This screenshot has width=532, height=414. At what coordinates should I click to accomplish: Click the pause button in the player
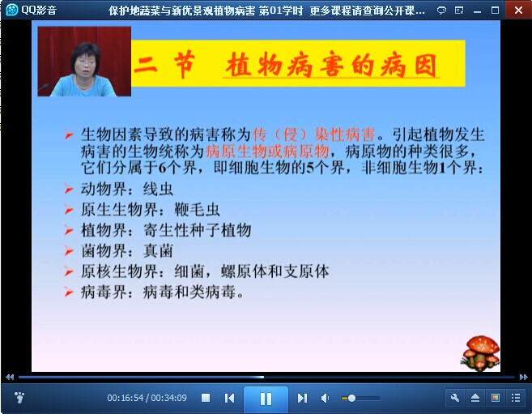[x=266, y=399]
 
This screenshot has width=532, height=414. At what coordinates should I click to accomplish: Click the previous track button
[x=229, y=398]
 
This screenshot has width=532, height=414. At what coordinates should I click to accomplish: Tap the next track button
[x=302, y=398]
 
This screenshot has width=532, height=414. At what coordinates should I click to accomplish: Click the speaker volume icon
[x=325, y=398]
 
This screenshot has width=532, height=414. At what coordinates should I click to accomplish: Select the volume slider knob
[x=351, y=398]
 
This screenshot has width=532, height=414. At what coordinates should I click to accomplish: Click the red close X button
[x=518, y=11]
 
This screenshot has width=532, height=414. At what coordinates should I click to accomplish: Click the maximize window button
[x=495, y=11]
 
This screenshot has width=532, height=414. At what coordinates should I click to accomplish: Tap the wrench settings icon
[x=455, y=398]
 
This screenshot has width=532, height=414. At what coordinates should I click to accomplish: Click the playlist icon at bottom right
[x=516, y=398]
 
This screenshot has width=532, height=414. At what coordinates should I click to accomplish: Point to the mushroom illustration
[x=480, y=352]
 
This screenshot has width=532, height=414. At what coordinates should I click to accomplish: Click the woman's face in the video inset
[x=86, y=60]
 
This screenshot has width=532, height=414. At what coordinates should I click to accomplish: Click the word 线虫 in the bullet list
[x=158, y=189]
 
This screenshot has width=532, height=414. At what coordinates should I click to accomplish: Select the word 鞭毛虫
[x=197, y=210]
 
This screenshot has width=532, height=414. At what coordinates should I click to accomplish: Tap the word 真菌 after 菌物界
[x=158, y=251]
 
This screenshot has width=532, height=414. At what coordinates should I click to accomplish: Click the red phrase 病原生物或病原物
[x=267, y=151]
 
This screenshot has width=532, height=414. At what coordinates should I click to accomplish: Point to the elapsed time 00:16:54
[x=126, y=398]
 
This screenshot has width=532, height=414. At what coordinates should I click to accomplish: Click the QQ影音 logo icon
[x=12, y=10]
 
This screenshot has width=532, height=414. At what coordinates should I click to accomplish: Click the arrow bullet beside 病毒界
[x=69, y=292]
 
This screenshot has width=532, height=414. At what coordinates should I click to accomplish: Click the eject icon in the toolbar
[x=475, y=398]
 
